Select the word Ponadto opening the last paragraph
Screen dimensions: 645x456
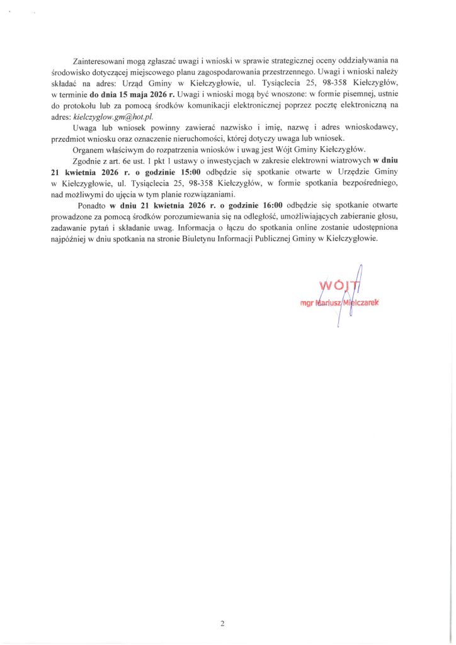click(91, 205)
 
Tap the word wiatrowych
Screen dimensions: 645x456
click(350, 161)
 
